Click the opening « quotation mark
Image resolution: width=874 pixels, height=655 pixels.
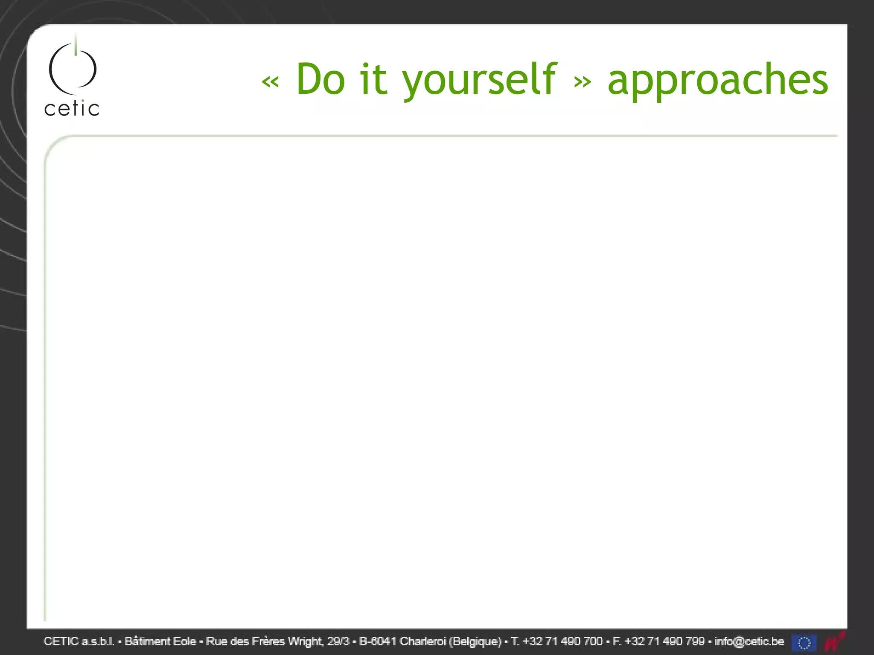pyautogui.click(x=270, y=81)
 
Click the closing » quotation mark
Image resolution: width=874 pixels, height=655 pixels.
pyautogui.click(x=583, y=81)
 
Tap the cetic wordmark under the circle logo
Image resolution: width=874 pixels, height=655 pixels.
pyautogui.click(x=72, y=109)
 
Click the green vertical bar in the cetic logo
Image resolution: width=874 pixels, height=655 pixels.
pyautogui.click(x=76, y=45)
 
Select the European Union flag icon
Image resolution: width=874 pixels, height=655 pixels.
pyautogui.click(x=804, y=642)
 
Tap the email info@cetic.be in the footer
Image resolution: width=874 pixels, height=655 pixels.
pyautogui.click(x=749, y=641)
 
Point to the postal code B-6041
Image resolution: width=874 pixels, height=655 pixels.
pyautogui.click(x=378, y=641)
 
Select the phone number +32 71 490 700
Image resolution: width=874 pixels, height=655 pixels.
pyautogui.click(x=562, y=641)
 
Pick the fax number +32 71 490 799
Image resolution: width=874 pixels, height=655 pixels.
pyautogui.click(x=664, y=641)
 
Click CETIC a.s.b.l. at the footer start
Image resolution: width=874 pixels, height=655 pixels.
pyautogui.click(x=79, y=641)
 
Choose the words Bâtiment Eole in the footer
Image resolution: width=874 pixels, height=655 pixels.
pyautogui.click(x=160, y=641)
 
